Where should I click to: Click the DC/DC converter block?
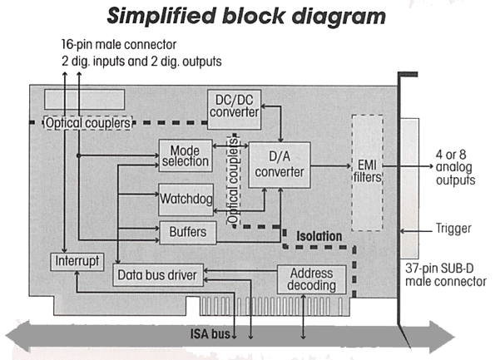pos(235,110)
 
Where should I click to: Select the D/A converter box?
pos(280,165)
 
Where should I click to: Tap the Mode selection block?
pos(186,155)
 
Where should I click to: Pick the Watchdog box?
pos(186,200)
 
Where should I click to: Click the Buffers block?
pos(188,233)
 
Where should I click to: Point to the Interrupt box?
pos(77,262)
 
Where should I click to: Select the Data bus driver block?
pos(158,275)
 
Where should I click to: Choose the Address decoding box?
pos(312,279)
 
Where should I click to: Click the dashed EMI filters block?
pos(368,173)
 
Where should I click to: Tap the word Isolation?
pos(319,236)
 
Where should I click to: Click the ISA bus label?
pos(210,334)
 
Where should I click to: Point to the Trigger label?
pos(453,229)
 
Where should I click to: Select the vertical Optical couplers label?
pos(233,180)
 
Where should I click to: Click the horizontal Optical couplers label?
pos(87,123)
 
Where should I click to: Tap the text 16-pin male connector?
pos(119,45)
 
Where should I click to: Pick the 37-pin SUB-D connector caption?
pos(445,275)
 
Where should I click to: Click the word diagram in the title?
pos(339,16)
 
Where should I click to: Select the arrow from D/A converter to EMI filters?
pos(331,165)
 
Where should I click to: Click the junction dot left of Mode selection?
pos(78,155)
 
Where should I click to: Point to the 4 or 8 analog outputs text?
pos(455,168)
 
